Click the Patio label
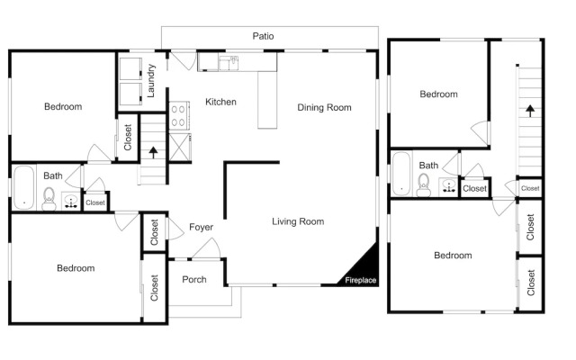pos(263,36)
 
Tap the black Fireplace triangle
pos(364,270)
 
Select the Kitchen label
pos(220,102)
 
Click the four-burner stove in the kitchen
pos(179,115)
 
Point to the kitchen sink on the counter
pos(229,63)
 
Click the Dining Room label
pos(324,107)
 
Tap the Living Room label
pos(298,221)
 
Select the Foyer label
pos(201,227)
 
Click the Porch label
pos(194,280)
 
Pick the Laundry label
pos(150,81)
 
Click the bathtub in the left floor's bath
pos(24,188)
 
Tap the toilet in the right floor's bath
pos(424,184)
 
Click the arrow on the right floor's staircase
pos(530,111)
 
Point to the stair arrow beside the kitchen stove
pos(153,152)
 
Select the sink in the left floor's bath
pos(70,202)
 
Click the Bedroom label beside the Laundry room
pos(63,106)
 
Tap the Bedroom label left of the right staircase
pos(438,94)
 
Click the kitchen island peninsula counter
pos(267,100)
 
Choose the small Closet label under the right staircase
pos(530,188)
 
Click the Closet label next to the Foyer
pos(154,232)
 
